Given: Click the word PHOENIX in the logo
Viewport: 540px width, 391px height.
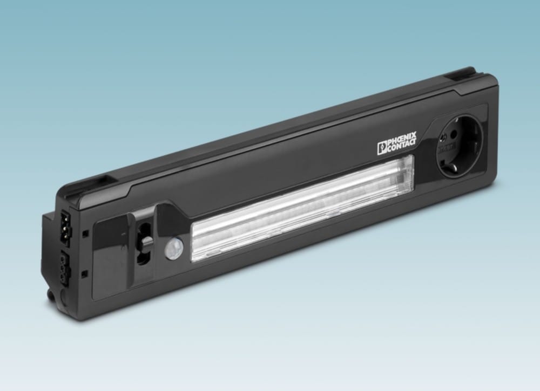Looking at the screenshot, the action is click(402, 140).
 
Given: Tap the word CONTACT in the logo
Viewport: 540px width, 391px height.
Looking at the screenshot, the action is click(402, 146).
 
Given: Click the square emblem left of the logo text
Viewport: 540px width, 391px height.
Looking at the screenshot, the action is click(382, 147).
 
